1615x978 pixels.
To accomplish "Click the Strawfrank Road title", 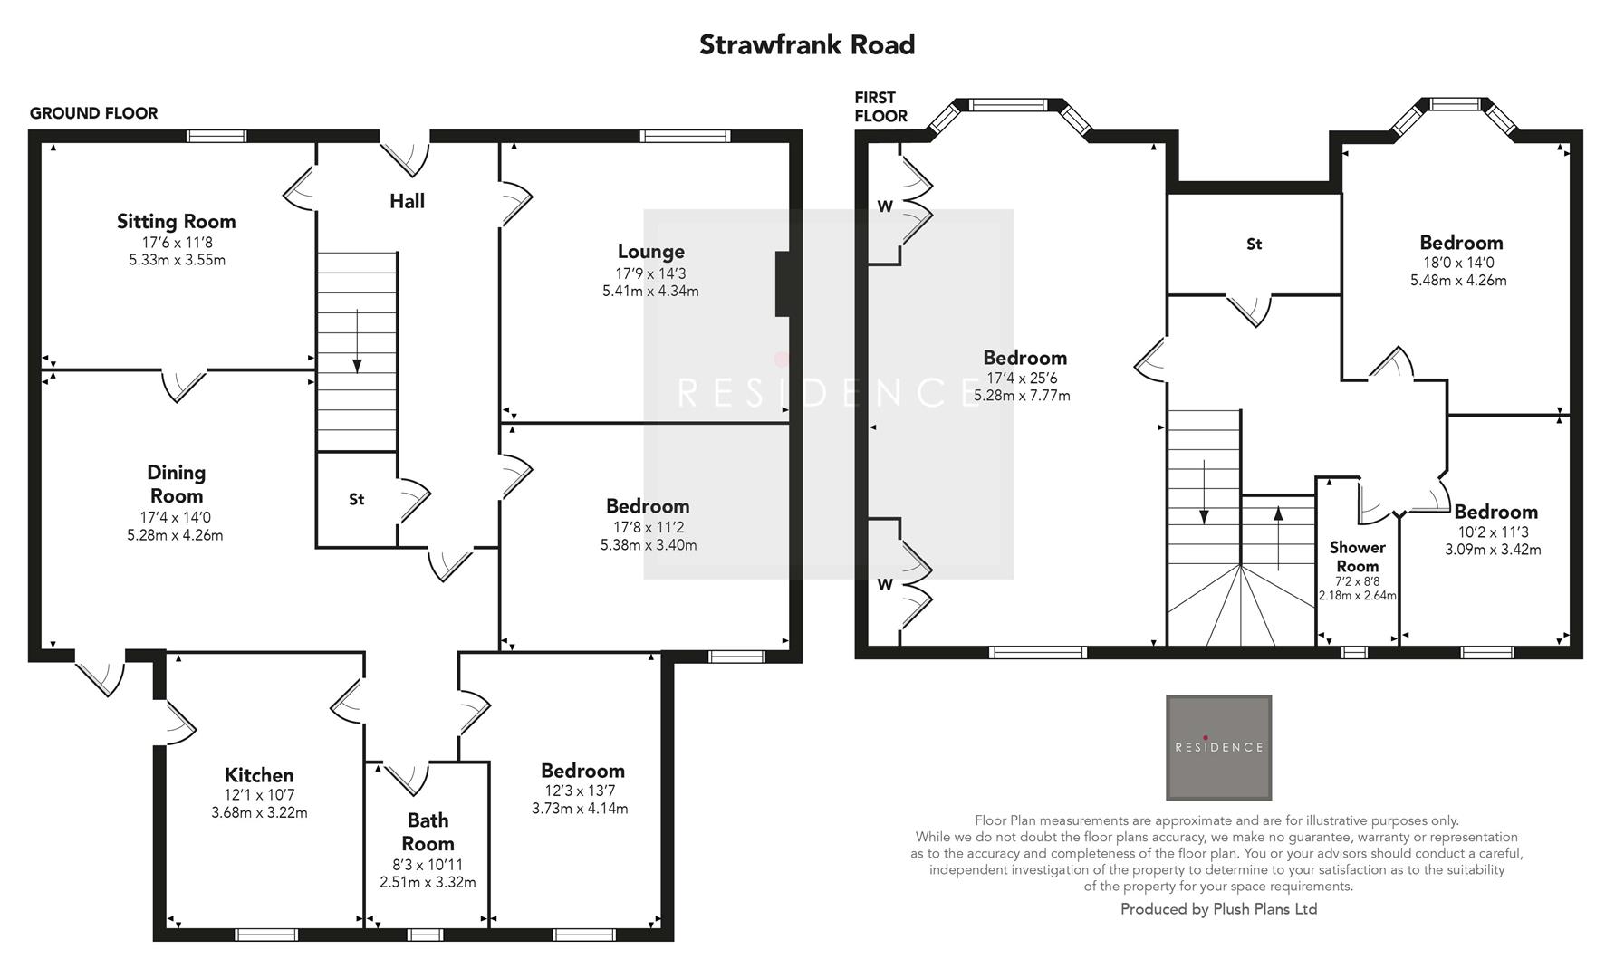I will [x=807, y=44].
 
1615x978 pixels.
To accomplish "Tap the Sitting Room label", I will [x=176, y=221].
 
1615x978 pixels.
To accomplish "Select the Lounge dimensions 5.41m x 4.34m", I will [x=650, y=292].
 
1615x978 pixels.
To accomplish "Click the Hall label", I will [x=407, y=201].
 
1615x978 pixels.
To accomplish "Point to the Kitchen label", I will [x=259, y=775].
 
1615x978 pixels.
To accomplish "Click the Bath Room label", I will [x=428, y=831].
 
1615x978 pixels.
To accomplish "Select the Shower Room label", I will [x=1357, y=557].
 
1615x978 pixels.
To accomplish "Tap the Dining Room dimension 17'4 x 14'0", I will [x=176, y=518].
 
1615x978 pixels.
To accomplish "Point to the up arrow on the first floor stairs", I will [x=1277, y=525].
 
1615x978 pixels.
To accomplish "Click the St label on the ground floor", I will [x=356, y=499].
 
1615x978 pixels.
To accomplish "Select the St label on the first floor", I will [x=1254, y=244].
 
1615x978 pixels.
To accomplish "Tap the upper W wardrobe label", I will [x=885, y=206].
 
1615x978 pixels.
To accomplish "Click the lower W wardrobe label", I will [x=885, y=585].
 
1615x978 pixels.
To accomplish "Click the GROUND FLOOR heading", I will [x=93, y=113].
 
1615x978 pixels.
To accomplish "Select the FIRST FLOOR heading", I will [x=880, y=107].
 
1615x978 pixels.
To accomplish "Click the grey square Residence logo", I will [x=1218, y=747].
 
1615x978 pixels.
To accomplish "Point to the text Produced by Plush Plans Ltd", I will [x=1218, y=909].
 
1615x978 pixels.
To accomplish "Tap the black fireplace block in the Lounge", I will [x=783, y=284].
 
